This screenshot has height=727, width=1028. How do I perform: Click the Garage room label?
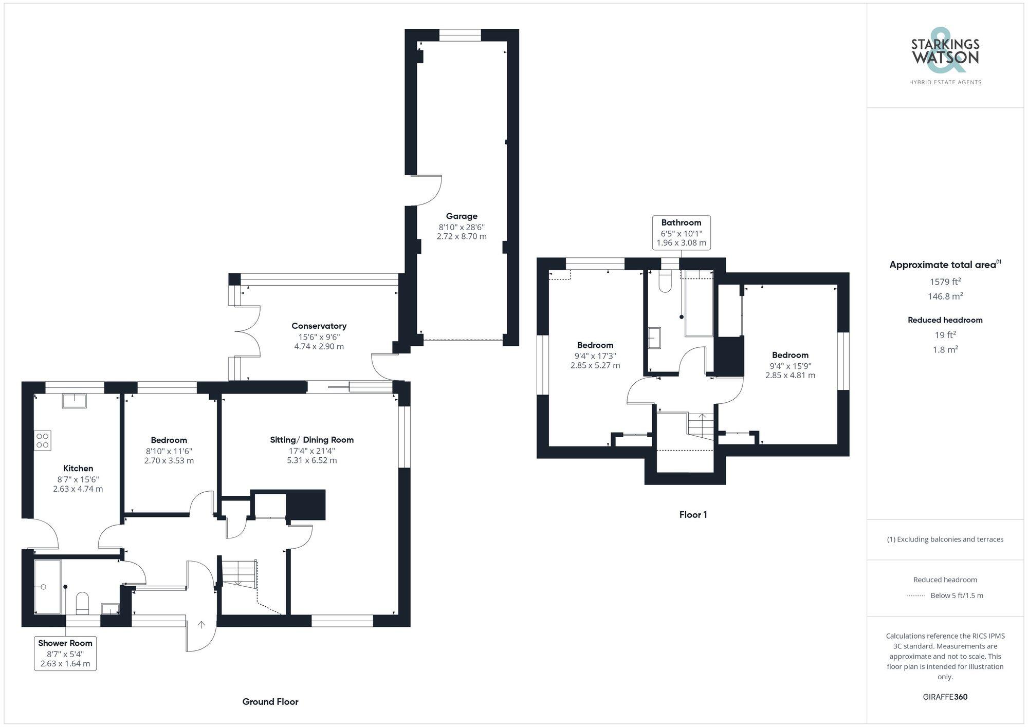(461, 216)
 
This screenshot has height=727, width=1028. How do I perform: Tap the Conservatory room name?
(319, 326)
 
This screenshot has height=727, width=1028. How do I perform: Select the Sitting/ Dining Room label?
(311, 440)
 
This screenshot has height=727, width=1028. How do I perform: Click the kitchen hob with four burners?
(43, 440)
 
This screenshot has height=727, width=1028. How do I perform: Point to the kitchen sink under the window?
(74, 401)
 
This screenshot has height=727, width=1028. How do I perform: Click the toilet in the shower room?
(82, 603)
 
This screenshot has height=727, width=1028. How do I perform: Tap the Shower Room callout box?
(65, 653)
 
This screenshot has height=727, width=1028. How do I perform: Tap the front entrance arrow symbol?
(201, 625)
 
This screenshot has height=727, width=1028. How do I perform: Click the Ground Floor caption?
(270, 702)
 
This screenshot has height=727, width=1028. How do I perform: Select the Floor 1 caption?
(693, 515)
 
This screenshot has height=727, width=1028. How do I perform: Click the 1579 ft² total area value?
(945, 282)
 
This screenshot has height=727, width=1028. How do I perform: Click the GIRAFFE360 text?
(945, 697)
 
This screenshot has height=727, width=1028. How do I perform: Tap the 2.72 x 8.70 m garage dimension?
(461, 237)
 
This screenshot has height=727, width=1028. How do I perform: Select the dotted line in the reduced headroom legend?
(916, 596)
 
